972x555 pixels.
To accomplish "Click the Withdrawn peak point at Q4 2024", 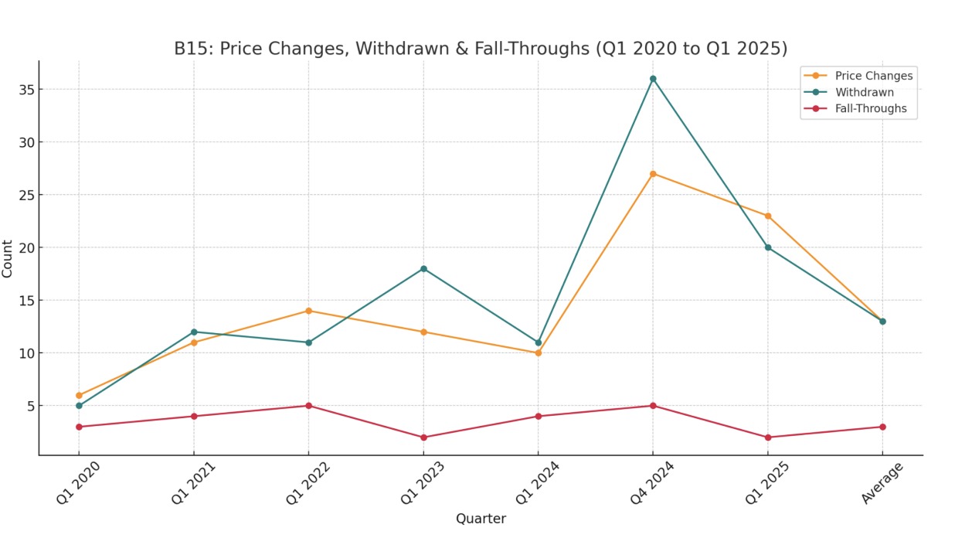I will [x=653, y=79].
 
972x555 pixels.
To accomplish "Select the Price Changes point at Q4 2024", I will [x=653, y=174].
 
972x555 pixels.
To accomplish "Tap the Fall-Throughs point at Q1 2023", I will [x=423, y=438].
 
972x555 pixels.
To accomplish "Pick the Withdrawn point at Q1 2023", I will [x=423, y=269].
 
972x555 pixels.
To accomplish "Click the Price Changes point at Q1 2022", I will [x=308, y=311].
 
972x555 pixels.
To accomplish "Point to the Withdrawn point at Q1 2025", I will [x=768, y=247].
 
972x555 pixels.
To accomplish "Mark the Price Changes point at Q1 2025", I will [x=768, y=216].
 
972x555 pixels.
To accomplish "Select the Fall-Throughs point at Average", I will [x=882, y=427].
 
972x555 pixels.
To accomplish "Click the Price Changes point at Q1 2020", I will [x=79, y=395].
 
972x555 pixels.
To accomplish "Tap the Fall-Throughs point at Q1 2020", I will [x=79, y=427].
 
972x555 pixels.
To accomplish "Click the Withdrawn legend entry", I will [x=864, y=92].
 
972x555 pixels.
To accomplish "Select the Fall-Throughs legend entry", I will [x=870, y=109].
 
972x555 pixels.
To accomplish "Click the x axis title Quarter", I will [x=481, y=519].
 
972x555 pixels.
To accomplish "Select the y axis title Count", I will [x=8, y=258].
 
